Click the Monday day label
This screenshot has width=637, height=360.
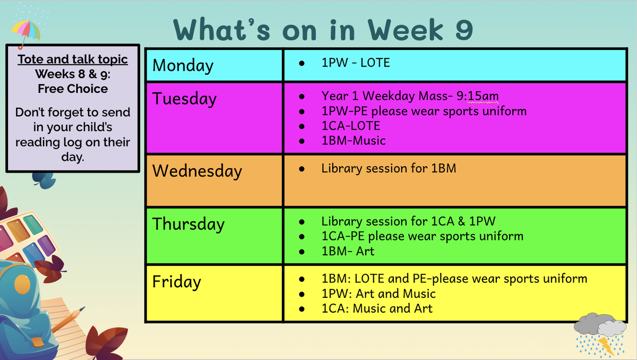(x=183, y=66)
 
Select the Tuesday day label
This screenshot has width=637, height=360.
(x=184, y=99)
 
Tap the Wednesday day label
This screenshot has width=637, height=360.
(x=197, y=171)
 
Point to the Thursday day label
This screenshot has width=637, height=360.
(x=188, y=224)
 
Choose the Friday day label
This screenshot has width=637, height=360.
(x=177, y=282)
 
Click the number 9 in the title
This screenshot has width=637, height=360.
(x=464, y=30)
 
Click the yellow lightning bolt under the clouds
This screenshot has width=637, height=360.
(x=606, y=346)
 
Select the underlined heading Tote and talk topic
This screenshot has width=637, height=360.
(x=73, y=59)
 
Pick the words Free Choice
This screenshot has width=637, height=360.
(x=73, y=89)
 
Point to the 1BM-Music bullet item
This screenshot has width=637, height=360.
(x=354, y=141)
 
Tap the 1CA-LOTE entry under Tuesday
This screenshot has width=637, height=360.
(x=351, y=126)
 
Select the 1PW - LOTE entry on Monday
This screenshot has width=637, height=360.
(x=356, y=63)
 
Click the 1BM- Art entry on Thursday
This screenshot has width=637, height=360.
(x=348, y=251)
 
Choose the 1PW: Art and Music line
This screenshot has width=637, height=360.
(x=378, y=294)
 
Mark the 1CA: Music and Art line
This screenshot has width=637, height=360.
(x=377, y=308)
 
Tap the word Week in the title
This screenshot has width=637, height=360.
(x=405, y=30)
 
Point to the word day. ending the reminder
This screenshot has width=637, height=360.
(x=73, y=157)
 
